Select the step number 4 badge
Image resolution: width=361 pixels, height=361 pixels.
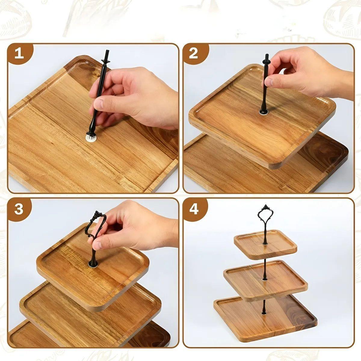pyautogui.click(x=194, y=209)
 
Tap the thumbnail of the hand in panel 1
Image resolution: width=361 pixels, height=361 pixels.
pyautogui.click(x=98, y=104)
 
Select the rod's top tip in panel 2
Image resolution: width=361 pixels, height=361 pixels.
pyautogui.click(x=267, y=55)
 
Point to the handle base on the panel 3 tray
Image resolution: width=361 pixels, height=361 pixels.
pyautogui.click(x=93, y=264)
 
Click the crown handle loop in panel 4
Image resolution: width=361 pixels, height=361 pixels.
pyautogui.click(x=265, y=215)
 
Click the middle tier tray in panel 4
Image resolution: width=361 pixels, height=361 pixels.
pyautogui.click(x=266, y=280)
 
